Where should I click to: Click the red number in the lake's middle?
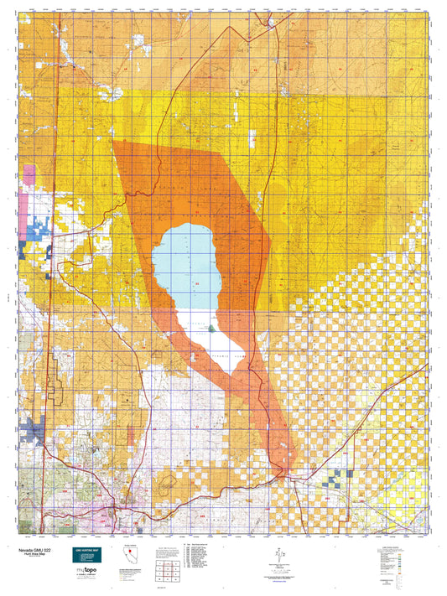[x=197, y=286]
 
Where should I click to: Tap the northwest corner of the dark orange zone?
[x=112, y=140]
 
